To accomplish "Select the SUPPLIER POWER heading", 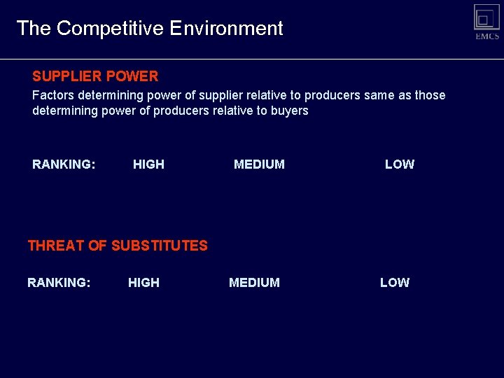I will [x=95, y=76].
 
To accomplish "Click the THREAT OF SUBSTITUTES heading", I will [x=118, y=246].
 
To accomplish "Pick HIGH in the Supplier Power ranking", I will [x=148, y=164].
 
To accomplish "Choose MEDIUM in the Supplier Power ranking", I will [x=259, y=164].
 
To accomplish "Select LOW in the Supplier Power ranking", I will [x=400, y=164].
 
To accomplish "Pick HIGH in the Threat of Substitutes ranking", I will [x=143, y=283].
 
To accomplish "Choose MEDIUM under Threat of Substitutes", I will [x=254, y=283].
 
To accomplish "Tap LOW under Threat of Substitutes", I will [x=395, y=283].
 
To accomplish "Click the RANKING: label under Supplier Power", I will [x=64, y=164].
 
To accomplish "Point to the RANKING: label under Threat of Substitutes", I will [x=59, y=283].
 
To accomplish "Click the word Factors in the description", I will [x=53, y=95].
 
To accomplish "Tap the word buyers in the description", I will [x=289, y=111].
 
